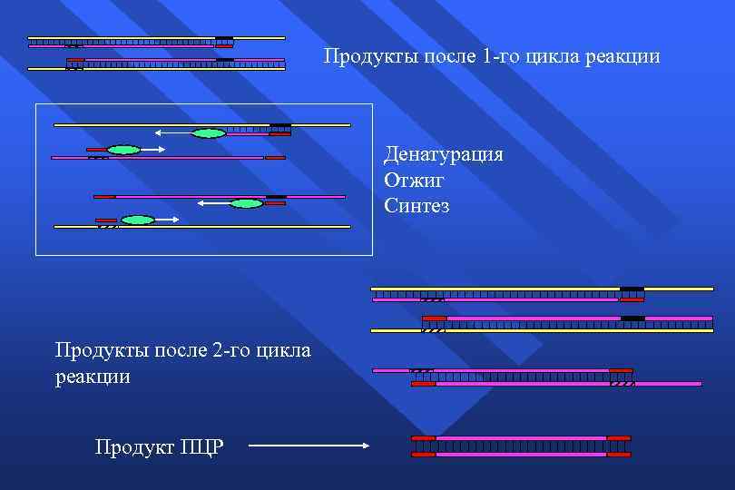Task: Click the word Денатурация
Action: [444, 153]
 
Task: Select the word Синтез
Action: [416, 206]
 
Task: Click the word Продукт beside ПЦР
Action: [135, 447]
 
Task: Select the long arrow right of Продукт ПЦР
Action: [308, 446]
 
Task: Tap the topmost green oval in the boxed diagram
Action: [209, 133]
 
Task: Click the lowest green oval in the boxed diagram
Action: [138, 220]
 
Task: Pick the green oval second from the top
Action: [123, 150]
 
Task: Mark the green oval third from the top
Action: [246, 203]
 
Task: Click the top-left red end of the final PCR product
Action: [423, 438]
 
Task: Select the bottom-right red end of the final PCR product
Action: [618, 454]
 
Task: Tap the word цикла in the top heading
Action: [563, 56]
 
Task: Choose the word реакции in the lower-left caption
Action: [93, 377]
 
